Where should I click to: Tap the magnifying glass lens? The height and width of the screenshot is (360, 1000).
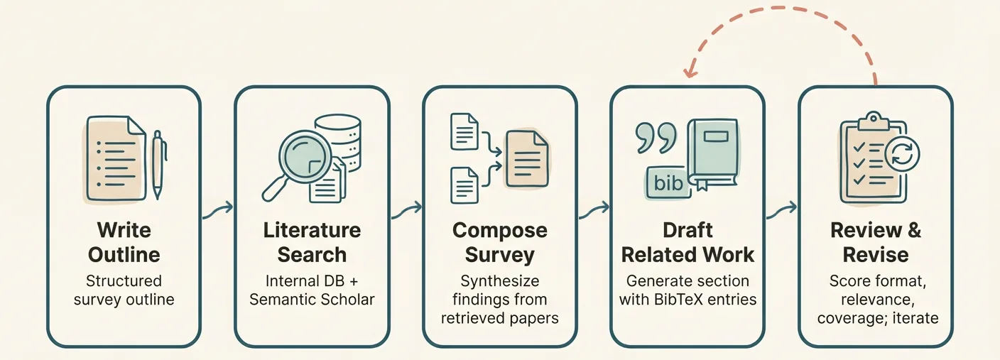[305, 156]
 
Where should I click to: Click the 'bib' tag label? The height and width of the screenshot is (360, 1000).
[668, 183]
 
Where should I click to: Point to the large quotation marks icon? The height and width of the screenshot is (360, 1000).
[656, 138]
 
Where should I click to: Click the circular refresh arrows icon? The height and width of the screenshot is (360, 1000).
[902, 155]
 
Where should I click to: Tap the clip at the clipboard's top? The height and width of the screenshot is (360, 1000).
[873, 121]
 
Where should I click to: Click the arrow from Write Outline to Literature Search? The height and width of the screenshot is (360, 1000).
[218, 211]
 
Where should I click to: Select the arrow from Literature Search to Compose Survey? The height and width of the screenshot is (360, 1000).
[406, 211]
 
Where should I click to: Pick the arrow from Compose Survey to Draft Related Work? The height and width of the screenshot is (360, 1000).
[594, 211]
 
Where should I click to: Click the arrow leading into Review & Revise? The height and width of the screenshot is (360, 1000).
[781, 211]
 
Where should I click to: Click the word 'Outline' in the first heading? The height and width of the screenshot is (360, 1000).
[124, 255]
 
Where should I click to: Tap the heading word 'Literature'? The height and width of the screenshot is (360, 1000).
[312, 230]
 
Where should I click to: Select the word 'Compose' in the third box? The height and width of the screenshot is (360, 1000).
[500, 230]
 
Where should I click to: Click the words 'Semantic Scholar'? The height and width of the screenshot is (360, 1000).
[312, 300]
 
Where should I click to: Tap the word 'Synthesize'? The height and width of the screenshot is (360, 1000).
[500, 281]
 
